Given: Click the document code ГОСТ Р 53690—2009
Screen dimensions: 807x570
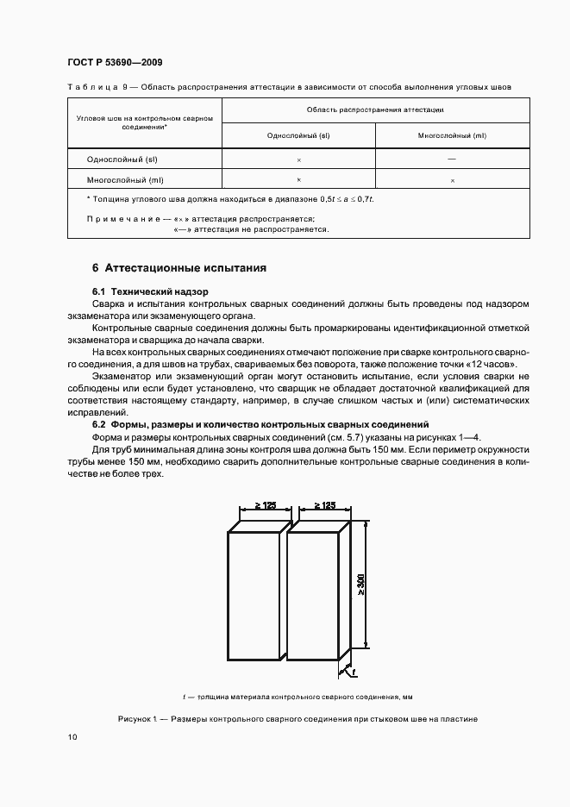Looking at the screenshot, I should click(114, 63).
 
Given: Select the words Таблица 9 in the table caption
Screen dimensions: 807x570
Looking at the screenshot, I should click(97, 87).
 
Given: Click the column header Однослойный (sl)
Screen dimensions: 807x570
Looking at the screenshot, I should click(298, 136).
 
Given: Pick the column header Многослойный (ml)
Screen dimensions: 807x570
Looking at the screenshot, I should click(452, 136).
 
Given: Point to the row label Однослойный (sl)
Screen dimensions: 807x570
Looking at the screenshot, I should click(122, 160).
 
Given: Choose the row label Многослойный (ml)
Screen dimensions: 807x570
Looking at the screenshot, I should click(125, 180).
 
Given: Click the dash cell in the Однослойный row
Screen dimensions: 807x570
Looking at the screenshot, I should click(452, 160).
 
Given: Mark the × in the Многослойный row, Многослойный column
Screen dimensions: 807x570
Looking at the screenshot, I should click(452, 180).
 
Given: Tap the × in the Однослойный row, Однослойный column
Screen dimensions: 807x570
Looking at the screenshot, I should click(298, 160).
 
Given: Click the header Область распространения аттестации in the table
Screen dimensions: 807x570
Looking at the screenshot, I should click(375, 110).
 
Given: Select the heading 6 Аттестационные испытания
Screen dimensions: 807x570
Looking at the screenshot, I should click(179, 268).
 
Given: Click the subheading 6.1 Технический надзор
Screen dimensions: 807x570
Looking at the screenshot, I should click(150, 291).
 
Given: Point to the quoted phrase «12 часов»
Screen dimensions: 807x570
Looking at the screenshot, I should click(493, 365).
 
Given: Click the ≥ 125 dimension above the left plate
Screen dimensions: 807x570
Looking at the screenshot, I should click(265, 506).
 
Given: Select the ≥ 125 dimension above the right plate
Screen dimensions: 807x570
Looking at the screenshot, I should click(324, 506).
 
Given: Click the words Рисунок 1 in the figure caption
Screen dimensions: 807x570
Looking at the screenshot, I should click(140, 718).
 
